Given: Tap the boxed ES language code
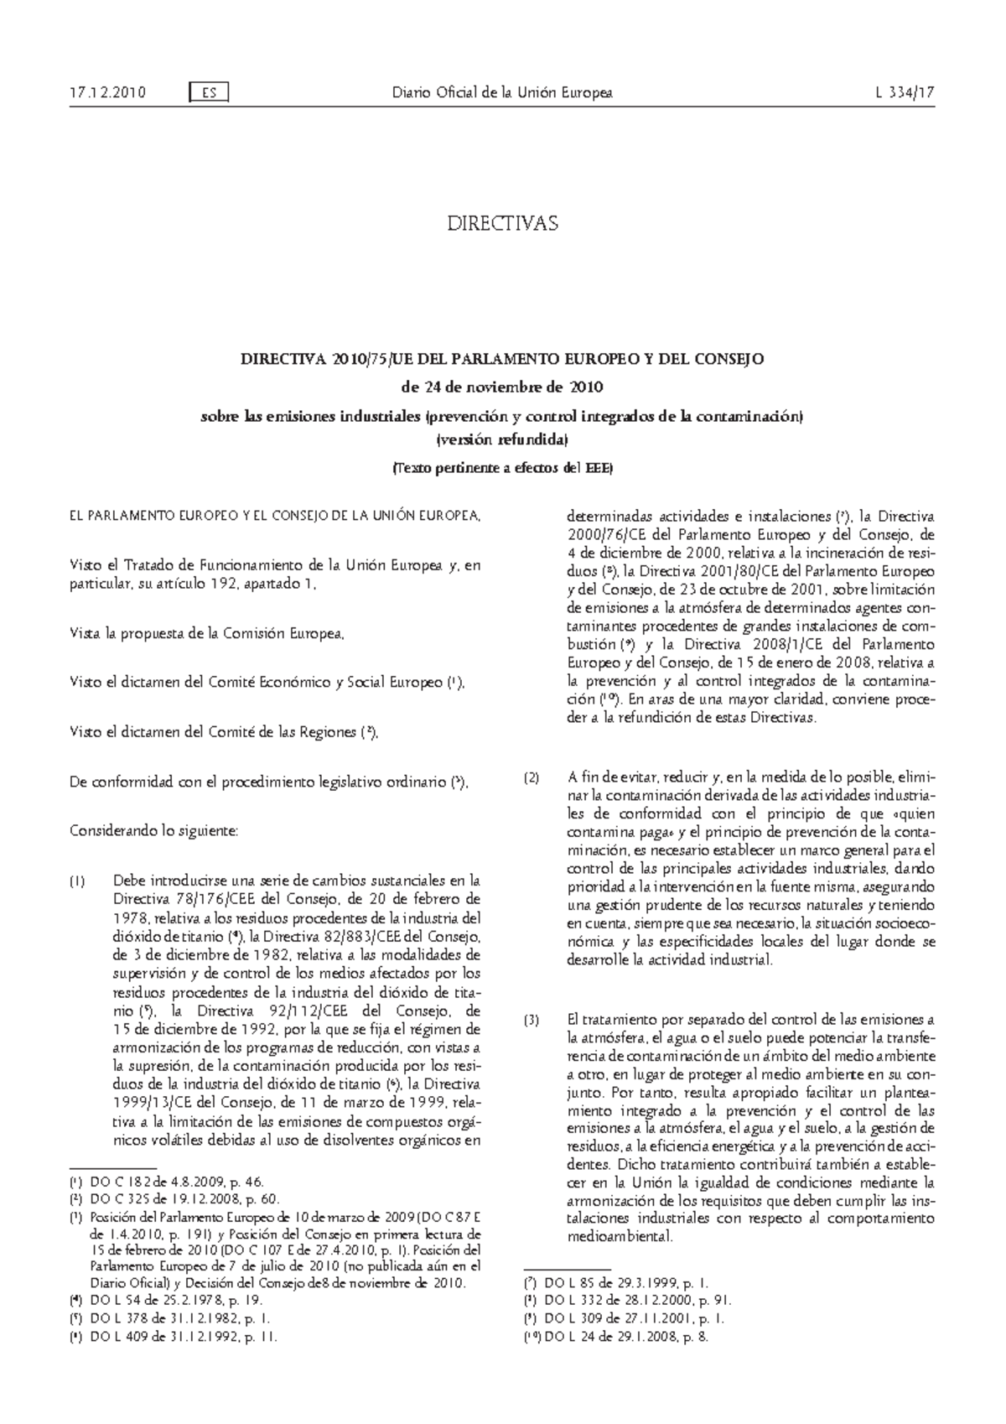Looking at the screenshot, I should coord(210,93).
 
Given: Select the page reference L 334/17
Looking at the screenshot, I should coord(903,93).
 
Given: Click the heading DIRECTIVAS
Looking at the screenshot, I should coord(501,224).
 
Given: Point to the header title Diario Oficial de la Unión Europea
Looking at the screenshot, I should coord(502,93).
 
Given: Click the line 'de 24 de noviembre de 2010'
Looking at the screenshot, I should coord(501,387).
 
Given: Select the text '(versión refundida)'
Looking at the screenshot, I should coord(501,439).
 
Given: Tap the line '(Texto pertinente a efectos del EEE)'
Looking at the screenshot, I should coord(501,469).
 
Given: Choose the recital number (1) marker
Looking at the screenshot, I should coord(77,881).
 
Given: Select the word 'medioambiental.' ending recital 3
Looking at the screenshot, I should coord(620,1236).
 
